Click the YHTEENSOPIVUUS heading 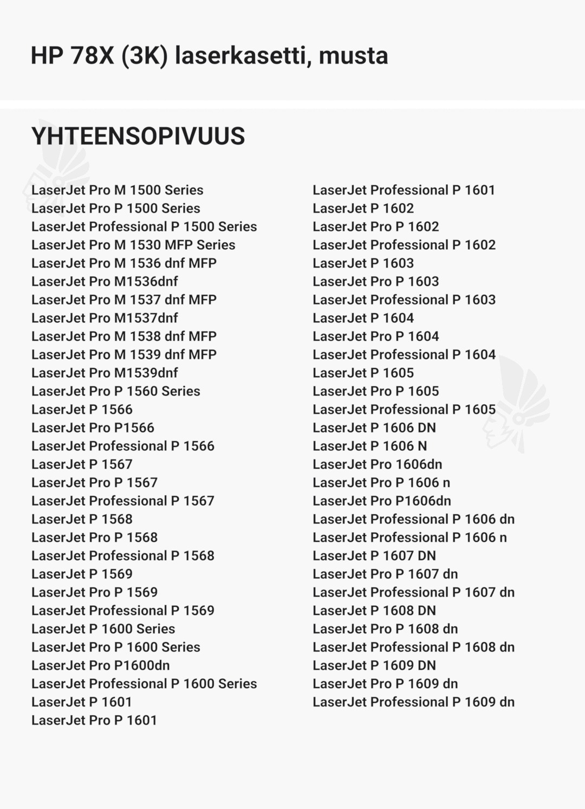[x=138, y=136]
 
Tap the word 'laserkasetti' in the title [x=243, y=56]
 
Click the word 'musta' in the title [x=353, y=56]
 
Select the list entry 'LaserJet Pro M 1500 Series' [x=117, y=190]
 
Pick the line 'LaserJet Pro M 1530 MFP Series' [x=133, y=245]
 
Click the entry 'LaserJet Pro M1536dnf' [x=105, y=281]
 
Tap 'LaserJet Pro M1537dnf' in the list [x=105, y=318]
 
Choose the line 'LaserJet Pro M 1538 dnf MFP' [x=124, y=336]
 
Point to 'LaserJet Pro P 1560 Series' [x=115, y=391]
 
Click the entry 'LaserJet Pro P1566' [x=93, y=428]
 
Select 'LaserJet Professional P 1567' [x=123, y=501]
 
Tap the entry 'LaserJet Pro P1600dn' [x=100, y=665]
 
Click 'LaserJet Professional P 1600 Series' [x=144, y=684]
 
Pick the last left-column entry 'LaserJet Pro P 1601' [x=94, y=721]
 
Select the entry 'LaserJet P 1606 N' [x=369, y=446]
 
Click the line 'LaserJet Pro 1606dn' [x=377, y=464]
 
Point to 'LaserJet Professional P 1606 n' [x=409, y=538]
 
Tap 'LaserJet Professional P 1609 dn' [x=413, y=702]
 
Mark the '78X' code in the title [x=92, y=56]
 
